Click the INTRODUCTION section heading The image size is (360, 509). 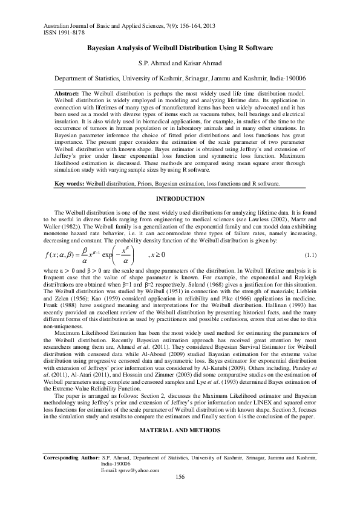[x=180, y=199]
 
